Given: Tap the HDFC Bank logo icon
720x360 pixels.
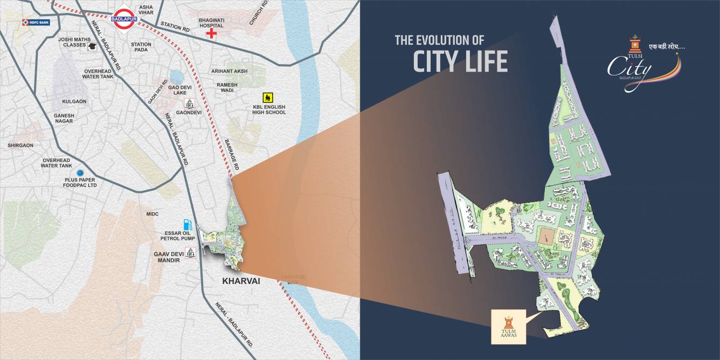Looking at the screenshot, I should click(25, 22).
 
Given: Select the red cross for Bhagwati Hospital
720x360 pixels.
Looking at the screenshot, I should click(211, 33).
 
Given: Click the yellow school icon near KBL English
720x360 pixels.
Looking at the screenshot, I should click(267, 98).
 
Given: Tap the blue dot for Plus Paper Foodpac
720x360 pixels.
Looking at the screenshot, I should click(80, 172).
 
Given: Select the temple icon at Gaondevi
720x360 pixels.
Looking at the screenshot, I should click(189, 103).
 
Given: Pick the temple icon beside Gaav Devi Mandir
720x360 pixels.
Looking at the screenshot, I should click(190, 253).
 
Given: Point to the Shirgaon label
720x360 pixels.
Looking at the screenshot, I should click(20, 146).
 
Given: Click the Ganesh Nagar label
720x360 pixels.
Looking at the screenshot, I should click(64, 119).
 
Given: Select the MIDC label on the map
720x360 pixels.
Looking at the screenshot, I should click(153, 214).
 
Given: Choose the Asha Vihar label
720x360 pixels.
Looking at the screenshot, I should click(146, 10).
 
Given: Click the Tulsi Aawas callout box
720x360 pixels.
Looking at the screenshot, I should click(508, 327).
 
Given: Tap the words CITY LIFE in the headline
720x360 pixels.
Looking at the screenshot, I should click(460, 61).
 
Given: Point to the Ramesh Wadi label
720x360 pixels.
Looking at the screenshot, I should click(227, 88).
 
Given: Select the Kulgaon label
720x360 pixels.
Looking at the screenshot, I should click(74, 101).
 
